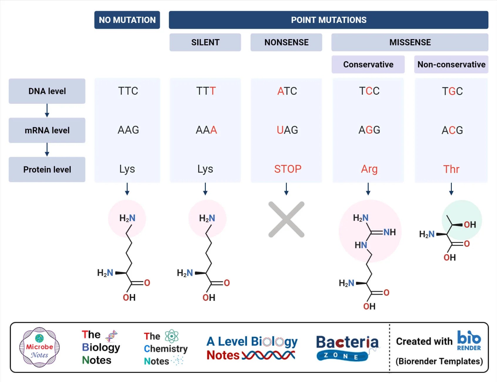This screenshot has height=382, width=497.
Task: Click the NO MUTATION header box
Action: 127,20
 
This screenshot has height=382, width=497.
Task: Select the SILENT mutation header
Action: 205,42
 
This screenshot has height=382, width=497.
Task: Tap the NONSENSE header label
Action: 286,42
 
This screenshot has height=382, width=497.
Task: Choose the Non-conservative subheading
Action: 451,64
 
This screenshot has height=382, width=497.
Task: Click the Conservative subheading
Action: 368,64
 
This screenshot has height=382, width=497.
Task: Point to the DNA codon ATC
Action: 287,91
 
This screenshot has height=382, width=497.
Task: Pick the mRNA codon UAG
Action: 287,130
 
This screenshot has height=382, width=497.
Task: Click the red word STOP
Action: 288,169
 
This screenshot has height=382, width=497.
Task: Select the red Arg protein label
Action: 369,169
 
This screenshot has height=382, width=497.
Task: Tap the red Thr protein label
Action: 451,169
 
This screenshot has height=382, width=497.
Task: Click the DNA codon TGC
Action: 452,91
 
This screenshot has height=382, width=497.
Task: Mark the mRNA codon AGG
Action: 369,130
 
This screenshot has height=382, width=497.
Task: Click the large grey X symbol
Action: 287,219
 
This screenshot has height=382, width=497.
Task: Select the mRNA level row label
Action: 47,130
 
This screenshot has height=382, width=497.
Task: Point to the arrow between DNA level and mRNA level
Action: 47,111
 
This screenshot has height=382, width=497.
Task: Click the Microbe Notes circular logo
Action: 40,347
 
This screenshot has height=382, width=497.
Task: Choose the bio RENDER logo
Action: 469,341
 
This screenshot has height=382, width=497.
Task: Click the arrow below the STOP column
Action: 287,189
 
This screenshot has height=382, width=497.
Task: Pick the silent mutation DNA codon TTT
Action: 206,91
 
